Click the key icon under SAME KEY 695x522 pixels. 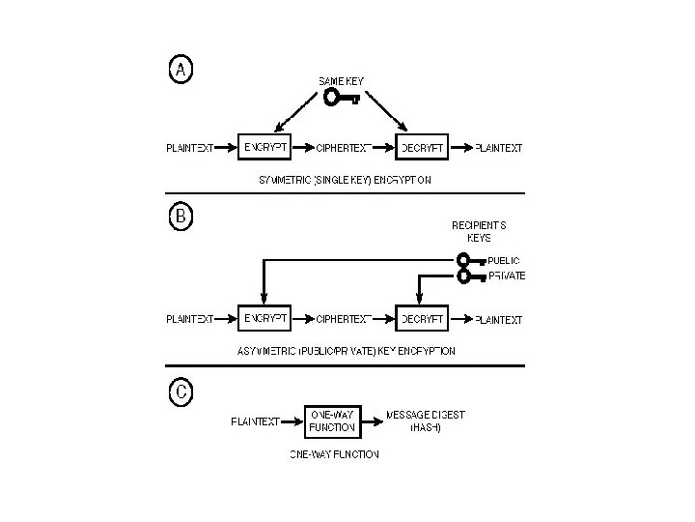[342, 98]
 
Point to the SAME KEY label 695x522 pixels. [342, 80]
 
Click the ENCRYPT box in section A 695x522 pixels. [264, 148]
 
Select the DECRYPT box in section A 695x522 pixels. [422, 148]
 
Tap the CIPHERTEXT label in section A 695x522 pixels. [344, 149]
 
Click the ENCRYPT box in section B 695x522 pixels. [264, 318]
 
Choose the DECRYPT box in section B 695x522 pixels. [422, 318]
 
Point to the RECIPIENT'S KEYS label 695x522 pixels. [479, 230]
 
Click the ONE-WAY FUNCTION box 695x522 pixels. [332, 420]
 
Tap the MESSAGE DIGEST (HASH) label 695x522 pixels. [426, 420]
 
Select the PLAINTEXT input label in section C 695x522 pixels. [256, 421]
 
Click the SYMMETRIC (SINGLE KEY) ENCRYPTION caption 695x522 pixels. [345, 180]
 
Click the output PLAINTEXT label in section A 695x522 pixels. [498, 149]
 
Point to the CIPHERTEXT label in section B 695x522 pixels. [344, 319]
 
